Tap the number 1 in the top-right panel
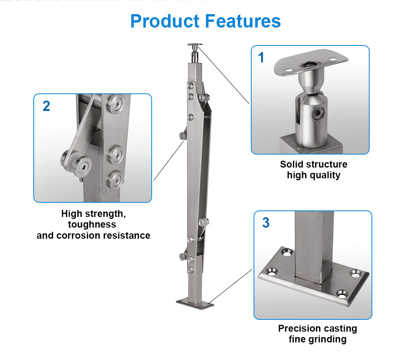pos(261,58)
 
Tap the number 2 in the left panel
pos(46,106)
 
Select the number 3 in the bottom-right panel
pos(265,223)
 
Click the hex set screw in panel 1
pos(318,113)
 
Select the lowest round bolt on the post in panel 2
pos(115,179)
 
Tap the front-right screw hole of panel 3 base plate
pos(342,294)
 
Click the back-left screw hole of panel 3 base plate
pos(286,252)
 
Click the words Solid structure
pos(313,165)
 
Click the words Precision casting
pos(317,329)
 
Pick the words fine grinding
pos(317,339)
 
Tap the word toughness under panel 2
pos(92,225)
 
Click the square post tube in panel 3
pos(313,245)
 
